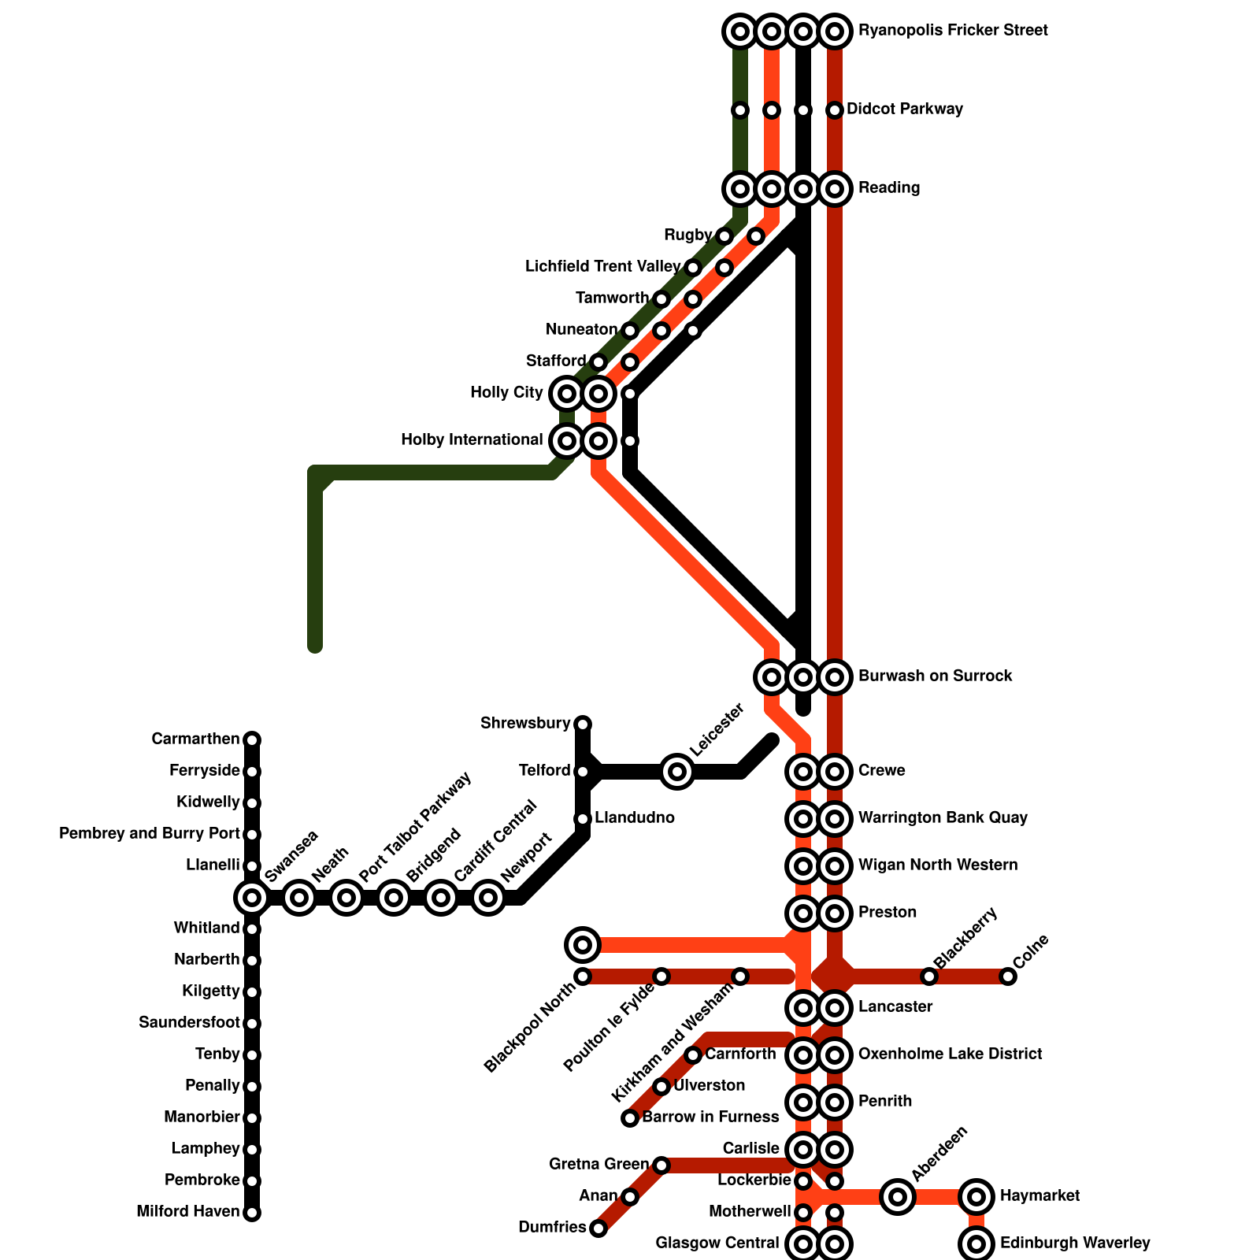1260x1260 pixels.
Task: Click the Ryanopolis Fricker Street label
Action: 953,31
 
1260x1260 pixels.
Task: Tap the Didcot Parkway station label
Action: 904,109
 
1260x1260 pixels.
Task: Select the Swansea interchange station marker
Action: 252,897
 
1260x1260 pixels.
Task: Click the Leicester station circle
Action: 677,771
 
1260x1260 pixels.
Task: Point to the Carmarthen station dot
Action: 252,739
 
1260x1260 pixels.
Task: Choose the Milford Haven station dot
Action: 252,1213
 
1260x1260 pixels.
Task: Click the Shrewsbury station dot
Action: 583,724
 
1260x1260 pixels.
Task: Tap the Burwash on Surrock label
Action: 935,676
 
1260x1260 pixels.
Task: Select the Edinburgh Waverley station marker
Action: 976,1244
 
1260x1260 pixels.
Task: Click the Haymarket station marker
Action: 976,1197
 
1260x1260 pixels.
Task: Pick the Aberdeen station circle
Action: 898,1197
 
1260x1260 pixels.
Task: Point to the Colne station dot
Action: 1008,976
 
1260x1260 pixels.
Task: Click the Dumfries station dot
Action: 598,1228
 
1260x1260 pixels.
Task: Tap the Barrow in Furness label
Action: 710,1117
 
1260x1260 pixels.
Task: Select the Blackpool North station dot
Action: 583,976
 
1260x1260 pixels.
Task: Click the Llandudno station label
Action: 634,818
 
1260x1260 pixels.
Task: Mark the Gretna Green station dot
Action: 661,1165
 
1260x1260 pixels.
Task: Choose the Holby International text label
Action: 472,440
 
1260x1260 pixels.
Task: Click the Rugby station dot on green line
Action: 724,236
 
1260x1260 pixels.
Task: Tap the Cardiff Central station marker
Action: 441,897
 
